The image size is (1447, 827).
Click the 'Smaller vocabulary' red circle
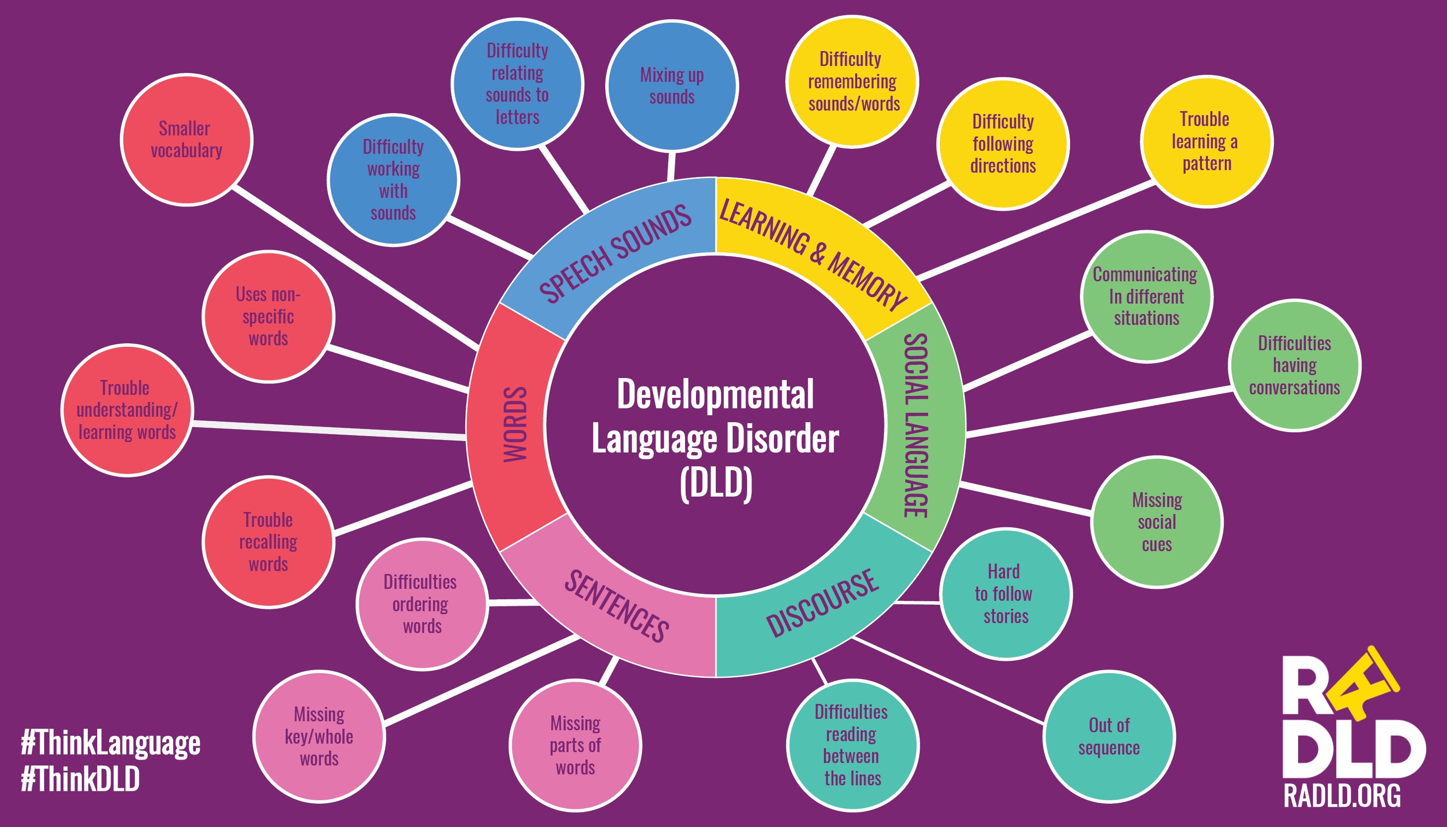187,140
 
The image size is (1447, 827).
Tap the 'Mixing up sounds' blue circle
672,86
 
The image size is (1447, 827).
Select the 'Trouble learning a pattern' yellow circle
1206,141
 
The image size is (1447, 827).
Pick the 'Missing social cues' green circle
1157,522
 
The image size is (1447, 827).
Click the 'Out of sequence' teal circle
1109,736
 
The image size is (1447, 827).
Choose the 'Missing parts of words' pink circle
575,745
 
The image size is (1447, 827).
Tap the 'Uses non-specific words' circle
268,317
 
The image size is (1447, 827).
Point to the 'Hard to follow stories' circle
1005,593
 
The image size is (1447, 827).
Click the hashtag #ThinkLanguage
111,744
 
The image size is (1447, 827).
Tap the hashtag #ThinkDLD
80,779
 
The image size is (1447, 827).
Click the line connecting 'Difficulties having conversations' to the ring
1099,413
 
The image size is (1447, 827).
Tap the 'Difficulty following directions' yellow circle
1003,144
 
